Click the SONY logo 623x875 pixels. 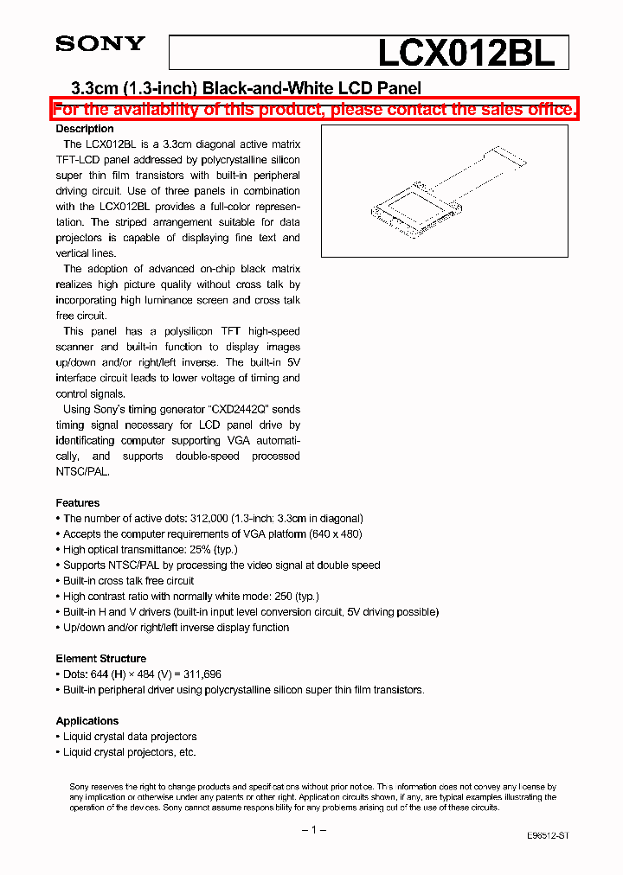point(100,44)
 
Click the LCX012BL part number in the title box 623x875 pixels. point(466,54)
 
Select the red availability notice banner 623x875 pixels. point(314,109)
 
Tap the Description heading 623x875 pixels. point(85,129)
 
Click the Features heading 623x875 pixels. point(78,502)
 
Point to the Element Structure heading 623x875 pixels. point(101,658)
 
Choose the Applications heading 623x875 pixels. point(87,720)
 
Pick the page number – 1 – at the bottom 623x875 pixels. point(312,829)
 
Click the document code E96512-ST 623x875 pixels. point(548,836)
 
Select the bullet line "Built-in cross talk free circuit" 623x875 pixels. point(128,581)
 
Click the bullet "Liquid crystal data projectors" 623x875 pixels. point(130,737)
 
